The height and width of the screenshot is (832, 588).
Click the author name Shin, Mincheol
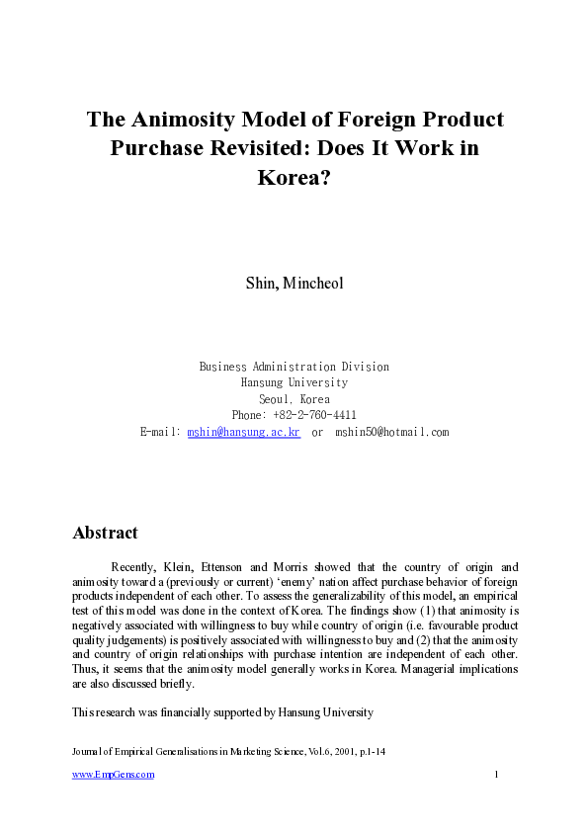pos(294,283)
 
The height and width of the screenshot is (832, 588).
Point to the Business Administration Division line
pos(294,367)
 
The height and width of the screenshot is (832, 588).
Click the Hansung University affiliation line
pos(294,382)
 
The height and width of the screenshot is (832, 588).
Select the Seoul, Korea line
pos(294,399)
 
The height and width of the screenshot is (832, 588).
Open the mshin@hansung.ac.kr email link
pos(243,432)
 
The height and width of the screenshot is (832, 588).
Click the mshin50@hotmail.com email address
pos(391,432)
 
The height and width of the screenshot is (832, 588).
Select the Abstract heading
pos(105,533)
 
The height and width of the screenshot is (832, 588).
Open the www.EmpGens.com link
pos(114,775)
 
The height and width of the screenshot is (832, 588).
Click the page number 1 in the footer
pos(496,775)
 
